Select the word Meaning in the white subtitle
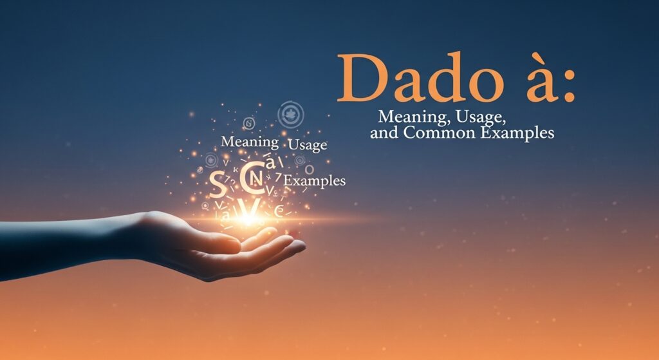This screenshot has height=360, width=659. pyautogui.click(x=407, y=118)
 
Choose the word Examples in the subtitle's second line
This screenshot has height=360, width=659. pyautogui.click(x=524, y=134)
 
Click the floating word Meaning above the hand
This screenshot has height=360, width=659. pyautogui.click(x=249, y=141)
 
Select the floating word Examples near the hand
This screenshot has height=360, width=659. pyautogui.click(x=315, y=181)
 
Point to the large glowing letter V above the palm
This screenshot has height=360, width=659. pyautogui.click(x=251, y=207)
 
